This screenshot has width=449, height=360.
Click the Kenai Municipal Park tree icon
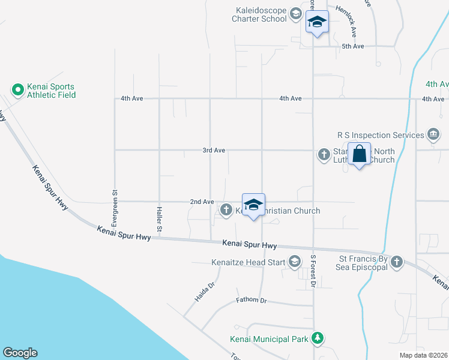point(318,339)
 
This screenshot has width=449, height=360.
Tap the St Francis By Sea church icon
point(397,262)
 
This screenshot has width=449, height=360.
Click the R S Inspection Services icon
point(432,134)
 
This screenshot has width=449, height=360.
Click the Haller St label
point(160,220)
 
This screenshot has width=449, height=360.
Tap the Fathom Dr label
point(251,300)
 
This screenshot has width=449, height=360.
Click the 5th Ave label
point(353,46)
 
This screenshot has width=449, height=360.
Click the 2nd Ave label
point(202,202)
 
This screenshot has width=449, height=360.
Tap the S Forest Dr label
point(313,272)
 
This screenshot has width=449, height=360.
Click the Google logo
point(20,353)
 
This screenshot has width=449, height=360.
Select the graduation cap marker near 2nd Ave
point(253,205)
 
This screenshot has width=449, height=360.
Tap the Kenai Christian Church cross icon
point(226,210)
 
